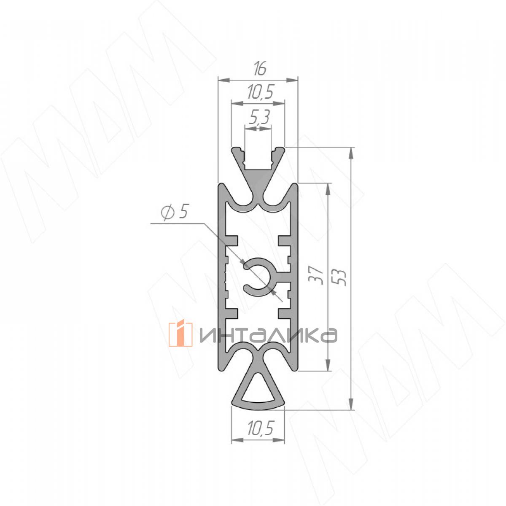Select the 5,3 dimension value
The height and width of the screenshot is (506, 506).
coord(258,117)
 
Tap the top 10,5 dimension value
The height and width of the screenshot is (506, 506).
coord(261,92)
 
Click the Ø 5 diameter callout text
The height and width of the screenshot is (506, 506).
coord(174,212)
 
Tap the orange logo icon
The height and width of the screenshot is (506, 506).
coord(180,334)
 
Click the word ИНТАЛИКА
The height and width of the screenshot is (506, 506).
coord(268,335)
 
